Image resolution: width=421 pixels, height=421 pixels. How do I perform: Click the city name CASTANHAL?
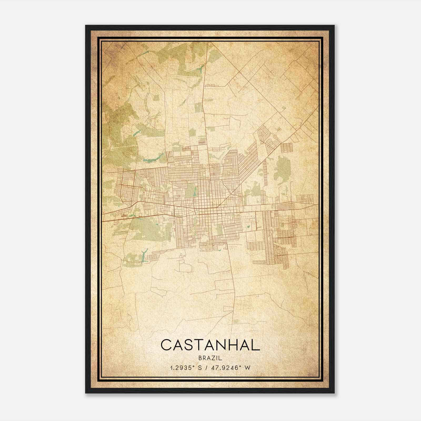(x=210, y=345)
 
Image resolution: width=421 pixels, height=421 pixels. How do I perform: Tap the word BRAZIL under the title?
(x=210, y=358)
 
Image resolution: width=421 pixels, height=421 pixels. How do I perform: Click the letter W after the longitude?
(x=247, y=368)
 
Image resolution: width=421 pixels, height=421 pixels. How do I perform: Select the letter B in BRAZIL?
(x=201, y=358)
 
